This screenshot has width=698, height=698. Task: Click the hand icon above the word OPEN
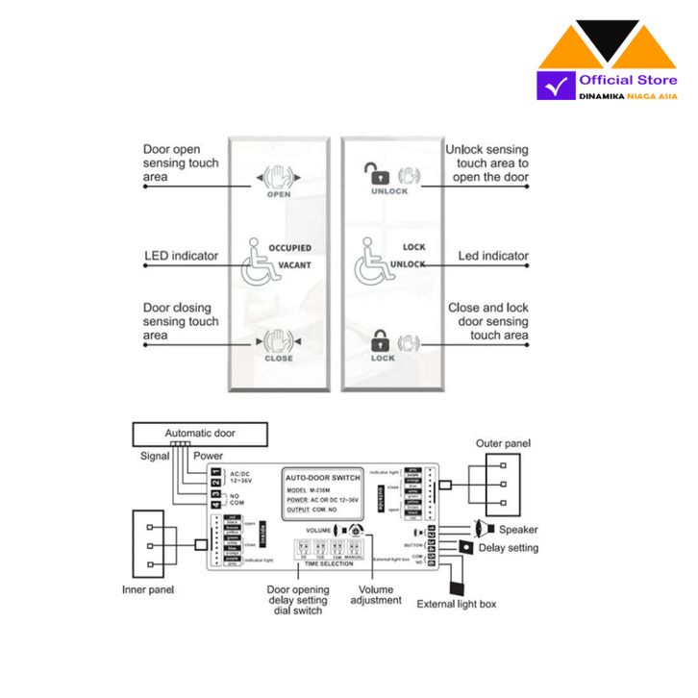click(278, 177)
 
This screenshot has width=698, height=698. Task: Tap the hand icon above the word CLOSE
click(278, 341)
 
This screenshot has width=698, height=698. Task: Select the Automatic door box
click(200, 434)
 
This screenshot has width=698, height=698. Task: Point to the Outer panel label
click(503, 443)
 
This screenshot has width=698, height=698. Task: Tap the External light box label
click(458, 605)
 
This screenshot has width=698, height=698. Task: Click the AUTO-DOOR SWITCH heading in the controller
click(323, 478)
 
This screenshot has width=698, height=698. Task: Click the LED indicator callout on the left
click(181, 256)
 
